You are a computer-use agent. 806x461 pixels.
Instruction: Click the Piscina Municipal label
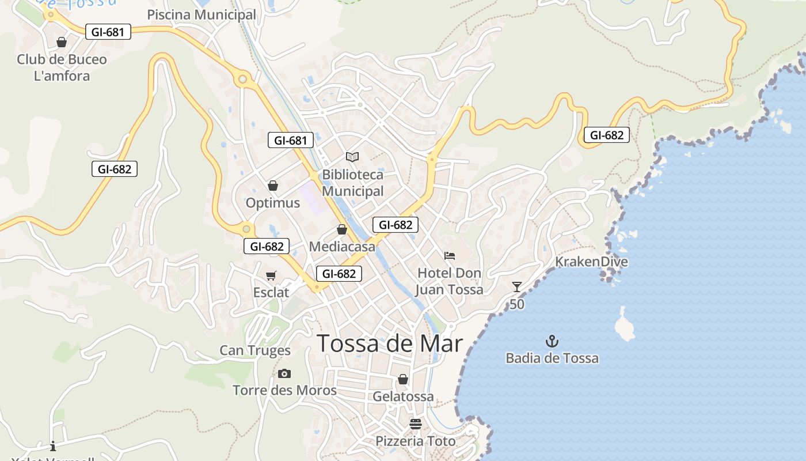[x=201, y=15]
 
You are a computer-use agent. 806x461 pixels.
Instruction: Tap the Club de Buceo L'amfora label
[x=62, y=67]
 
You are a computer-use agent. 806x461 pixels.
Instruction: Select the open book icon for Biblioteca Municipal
[x=352, y=157]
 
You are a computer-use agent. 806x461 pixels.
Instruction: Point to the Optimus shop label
[x=273, y=203]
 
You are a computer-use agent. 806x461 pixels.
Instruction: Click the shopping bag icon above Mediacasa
[x=342, y=230]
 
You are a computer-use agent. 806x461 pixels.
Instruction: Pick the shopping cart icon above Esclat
[x=271, y=276]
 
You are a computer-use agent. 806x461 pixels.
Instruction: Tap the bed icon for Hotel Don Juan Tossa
[x=450, y=256]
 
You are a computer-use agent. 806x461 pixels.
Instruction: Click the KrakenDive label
[x=591, y=262]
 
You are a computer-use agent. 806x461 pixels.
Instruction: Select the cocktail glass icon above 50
[x=517, y=287]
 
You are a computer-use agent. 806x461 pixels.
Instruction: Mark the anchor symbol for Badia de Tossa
[x=552, y=341]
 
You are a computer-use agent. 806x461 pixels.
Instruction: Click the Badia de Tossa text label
[x=552, y=358]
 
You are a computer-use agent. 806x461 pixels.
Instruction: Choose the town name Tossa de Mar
[x=390, y=343]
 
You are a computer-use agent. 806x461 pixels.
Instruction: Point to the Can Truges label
[x=255, y=350]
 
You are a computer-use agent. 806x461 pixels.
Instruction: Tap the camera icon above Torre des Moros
[x=284, y=374]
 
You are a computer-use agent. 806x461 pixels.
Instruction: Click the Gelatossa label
[x=403, y=396]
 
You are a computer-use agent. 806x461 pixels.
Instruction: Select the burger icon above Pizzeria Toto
[x=416, y=425]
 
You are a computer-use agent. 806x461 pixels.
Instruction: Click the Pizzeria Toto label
[x=416, y=441]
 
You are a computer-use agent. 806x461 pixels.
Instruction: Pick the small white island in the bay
[x=624, y=325]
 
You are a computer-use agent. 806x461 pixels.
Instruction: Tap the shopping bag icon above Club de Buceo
[x=62, y=42]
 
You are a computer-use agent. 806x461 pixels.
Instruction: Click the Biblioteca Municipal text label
[x=352, y=183]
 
